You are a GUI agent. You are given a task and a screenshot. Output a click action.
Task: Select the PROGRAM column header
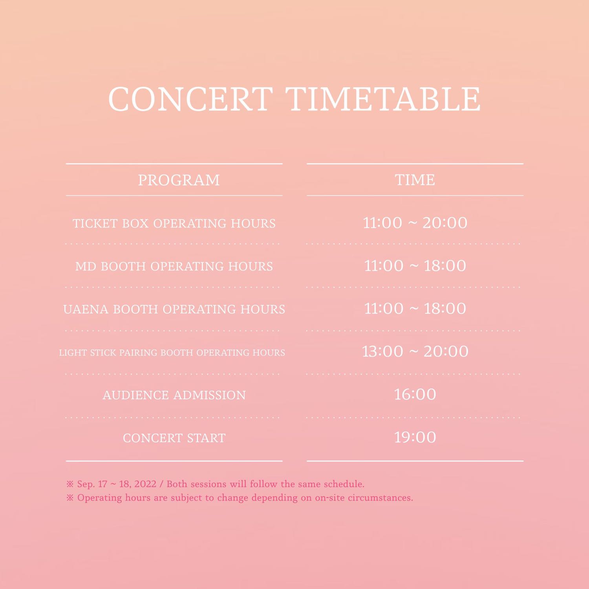(x=179, y=180)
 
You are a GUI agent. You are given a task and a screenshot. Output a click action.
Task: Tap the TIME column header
(x=415, y=180)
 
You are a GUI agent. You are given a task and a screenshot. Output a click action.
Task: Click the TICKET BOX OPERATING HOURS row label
(x=174, y=223)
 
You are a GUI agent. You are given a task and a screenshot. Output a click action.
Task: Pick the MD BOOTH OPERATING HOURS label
(x=174, y=266)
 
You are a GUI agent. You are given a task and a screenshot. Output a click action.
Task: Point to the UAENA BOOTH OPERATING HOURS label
(x=174, y=309)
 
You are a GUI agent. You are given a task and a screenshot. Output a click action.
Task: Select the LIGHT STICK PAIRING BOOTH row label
(x=172, y=353)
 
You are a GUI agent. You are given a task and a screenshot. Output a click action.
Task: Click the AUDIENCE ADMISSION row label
(x=174, y=395)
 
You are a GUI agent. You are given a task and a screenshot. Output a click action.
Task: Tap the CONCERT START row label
(x=174, y=438)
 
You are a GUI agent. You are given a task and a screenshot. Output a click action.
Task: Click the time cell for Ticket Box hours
(x=415, y=223)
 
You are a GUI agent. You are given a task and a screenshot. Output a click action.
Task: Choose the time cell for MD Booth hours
(x=415, y=266)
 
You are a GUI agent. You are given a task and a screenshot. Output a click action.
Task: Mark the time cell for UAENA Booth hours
(x=415, y=309)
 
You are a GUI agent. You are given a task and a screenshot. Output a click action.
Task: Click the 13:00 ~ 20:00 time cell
(x=415, y=351)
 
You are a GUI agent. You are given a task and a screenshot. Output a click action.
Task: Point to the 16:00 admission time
(x=415, y=394)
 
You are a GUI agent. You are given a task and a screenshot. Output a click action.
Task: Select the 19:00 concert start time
(x=415, y=437)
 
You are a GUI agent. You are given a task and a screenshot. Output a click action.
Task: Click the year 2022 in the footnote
(x=145, y=484)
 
